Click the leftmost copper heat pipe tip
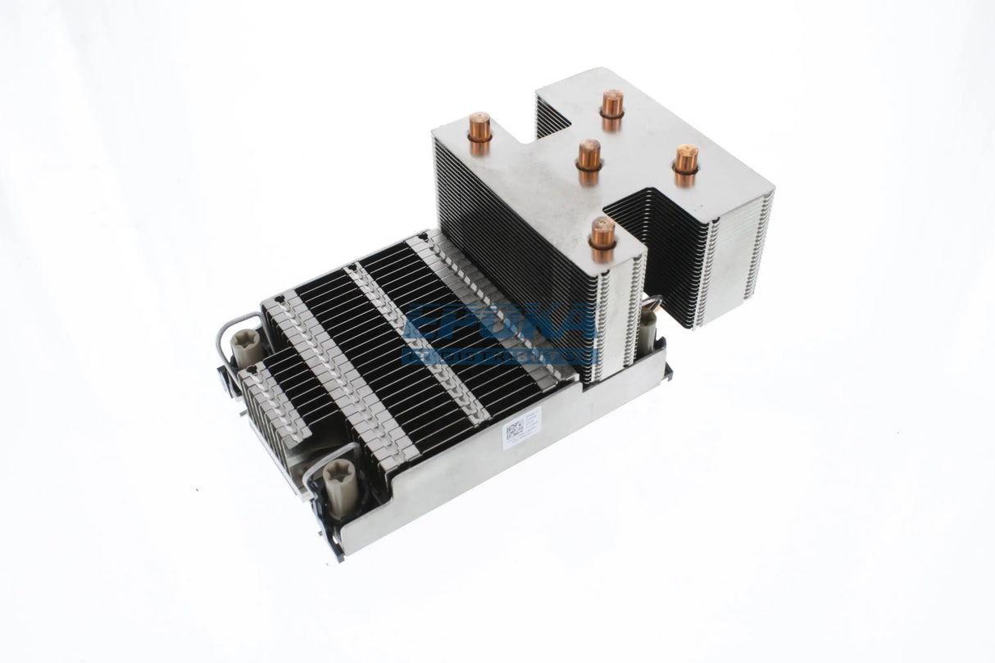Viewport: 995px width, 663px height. click(479, 128)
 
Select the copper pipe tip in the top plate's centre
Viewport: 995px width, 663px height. click(588, 154)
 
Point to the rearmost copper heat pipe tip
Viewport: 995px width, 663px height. click(611, 103)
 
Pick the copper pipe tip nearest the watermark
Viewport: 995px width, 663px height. click(602, 234)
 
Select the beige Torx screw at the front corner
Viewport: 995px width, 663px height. click(338, 488)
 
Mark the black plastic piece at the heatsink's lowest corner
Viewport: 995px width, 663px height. click(333, 541)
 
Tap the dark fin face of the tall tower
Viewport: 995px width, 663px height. click(508, 238)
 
